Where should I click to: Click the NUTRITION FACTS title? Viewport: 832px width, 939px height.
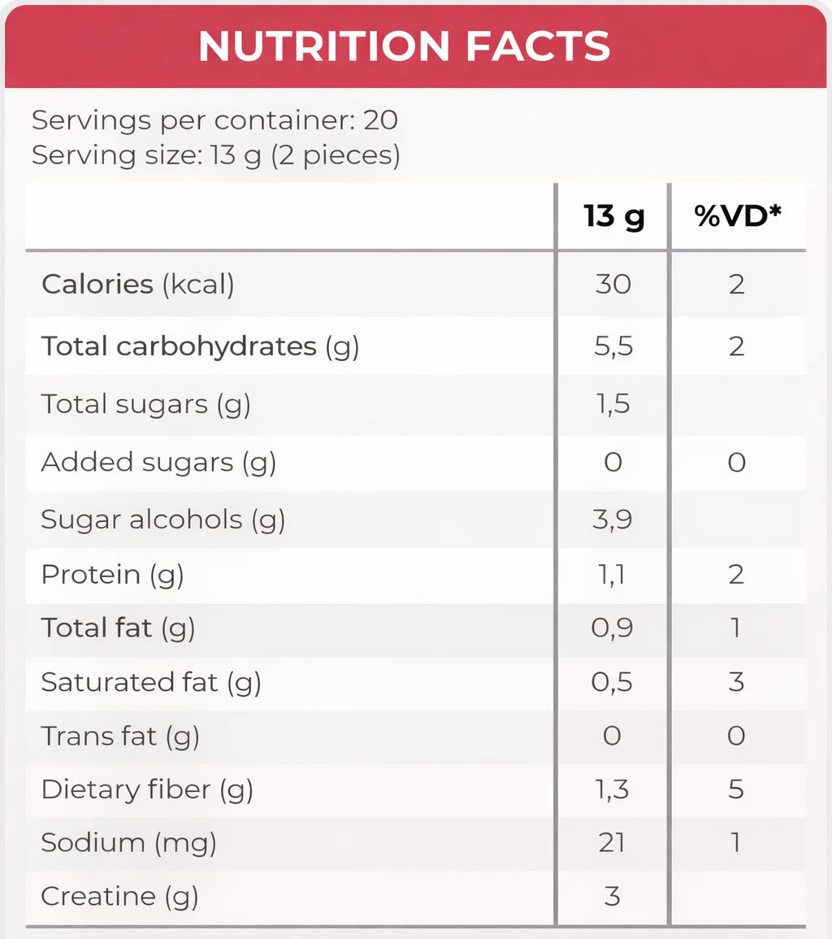tap(404, 46)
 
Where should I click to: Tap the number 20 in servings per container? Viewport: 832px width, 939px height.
tap(380, 120)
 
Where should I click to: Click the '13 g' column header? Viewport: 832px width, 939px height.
tap(613, 216)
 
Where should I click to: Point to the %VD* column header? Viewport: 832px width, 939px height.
tap(737, 216)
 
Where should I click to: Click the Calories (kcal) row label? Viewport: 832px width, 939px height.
tap(137, 285)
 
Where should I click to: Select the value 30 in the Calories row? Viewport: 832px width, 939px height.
tap(613, 285)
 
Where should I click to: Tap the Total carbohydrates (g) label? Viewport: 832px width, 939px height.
tap(200, 346)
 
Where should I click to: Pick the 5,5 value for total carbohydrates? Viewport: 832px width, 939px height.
tap(613, 346)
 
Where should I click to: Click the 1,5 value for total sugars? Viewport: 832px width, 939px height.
tap(613, 404)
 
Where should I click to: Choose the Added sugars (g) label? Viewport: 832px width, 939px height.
tap(158, 462)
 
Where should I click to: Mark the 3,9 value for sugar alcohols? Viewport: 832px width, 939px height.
tap(613, 519)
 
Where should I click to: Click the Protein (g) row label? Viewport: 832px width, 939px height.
tap(112, 574)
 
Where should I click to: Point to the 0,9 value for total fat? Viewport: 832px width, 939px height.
tap(613, 628)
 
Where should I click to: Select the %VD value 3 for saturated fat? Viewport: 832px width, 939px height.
tap(736, 681)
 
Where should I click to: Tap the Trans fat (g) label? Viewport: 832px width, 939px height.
tap(120, 736)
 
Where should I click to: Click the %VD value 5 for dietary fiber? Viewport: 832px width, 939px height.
tap(736, 789)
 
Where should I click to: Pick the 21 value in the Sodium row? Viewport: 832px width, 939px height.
tap(613, 842)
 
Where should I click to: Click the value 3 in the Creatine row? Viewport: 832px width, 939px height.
tap(613, 896)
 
